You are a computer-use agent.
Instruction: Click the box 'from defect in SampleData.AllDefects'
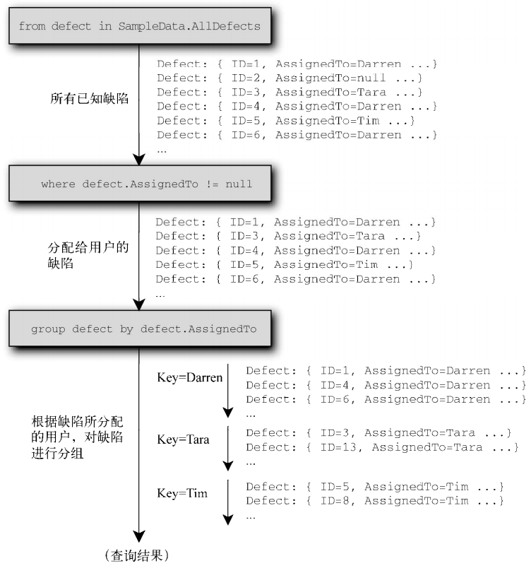tap(138, 26)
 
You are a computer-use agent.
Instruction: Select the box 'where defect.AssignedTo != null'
tap(138, 184)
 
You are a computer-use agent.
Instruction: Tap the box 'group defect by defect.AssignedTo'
tap(138, 329)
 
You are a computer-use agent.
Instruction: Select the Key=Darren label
tap(189, 377)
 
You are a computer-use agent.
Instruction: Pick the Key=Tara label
tap(183, 439)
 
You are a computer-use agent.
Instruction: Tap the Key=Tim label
tap(182, 493)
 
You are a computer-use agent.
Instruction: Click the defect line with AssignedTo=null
tap(290, 78)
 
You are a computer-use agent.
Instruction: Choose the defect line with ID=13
tap(382, 446)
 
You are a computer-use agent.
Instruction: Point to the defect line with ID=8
tap(374, 501)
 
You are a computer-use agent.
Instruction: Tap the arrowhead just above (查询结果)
tap(139, 537)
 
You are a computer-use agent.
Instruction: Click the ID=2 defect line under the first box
tap(290, 78)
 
